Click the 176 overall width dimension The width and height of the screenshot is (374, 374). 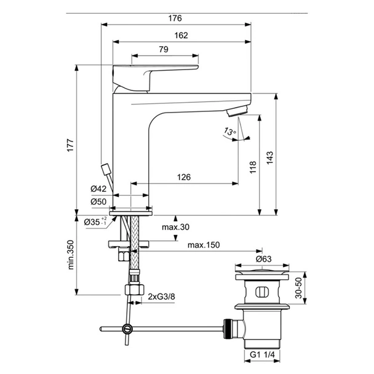tap(175, 18)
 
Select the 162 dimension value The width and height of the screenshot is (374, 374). tap(181, 35)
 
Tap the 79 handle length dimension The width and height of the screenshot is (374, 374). tap(164, 49)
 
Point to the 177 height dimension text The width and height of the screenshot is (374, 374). tap(70, 145)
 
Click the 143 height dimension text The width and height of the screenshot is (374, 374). tap(269, 157)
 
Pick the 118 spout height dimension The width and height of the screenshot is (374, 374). tap(253, 167)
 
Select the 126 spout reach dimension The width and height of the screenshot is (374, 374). tap(184, 177)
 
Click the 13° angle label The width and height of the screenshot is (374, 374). tap(229, 132)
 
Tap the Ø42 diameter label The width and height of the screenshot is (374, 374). tap(98, 189)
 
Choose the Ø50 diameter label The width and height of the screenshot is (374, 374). tap(98, 202)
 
